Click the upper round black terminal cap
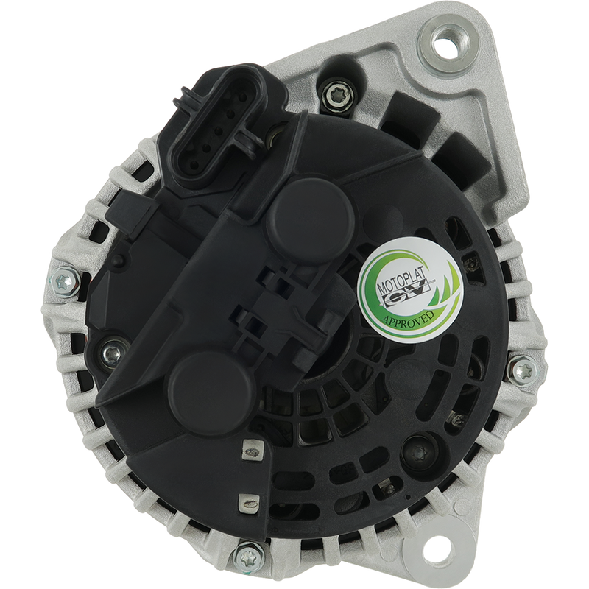point(311,217)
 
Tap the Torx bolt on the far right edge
point(524,370)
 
